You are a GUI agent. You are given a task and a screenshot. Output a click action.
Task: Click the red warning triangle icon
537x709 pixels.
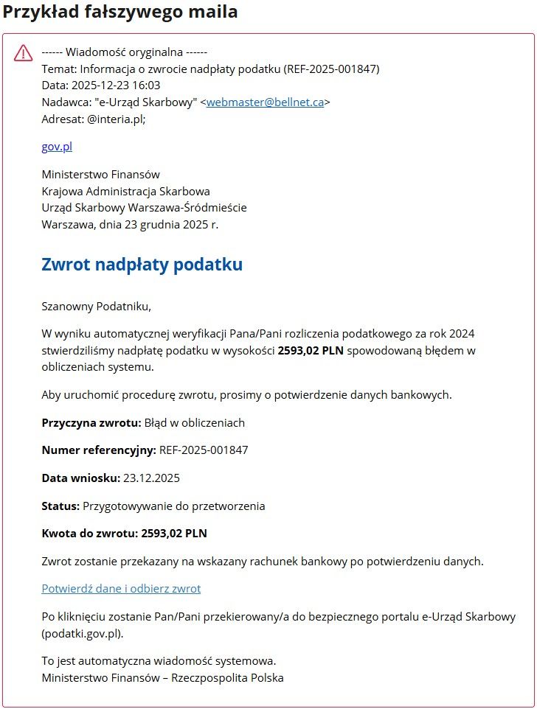(24, 52)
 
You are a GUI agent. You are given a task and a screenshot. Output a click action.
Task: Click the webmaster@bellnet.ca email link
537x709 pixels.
(265, 102)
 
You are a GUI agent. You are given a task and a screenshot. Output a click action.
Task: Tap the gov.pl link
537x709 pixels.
(57, 147)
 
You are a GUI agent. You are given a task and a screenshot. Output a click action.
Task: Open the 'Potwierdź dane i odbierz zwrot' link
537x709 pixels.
(121, 588)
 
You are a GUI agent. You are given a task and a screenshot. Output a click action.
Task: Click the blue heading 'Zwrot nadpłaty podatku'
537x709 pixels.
(142, 265)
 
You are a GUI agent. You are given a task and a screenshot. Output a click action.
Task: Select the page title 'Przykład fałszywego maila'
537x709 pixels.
(120, 13)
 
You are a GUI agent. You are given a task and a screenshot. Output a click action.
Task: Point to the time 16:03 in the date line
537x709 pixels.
(148, 85)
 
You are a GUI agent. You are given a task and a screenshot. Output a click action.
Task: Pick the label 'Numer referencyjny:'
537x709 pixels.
(99, 450)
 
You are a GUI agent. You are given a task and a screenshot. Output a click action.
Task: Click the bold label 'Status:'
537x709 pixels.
(60, 506)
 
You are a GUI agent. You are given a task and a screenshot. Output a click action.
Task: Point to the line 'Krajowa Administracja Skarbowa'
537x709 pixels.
(125, 192)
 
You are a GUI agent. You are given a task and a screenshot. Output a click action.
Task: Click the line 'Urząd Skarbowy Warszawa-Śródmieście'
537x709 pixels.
(145, 208)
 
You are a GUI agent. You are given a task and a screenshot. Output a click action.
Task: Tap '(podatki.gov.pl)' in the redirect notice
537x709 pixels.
(83, 633)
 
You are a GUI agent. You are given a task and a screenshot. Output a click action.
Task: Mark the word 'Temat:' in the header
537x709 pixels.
(59, 69)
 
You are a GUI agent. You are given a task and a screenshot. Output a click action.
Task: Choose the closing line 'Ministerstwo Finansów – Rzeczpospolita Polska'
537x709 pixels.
(162, 677)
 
